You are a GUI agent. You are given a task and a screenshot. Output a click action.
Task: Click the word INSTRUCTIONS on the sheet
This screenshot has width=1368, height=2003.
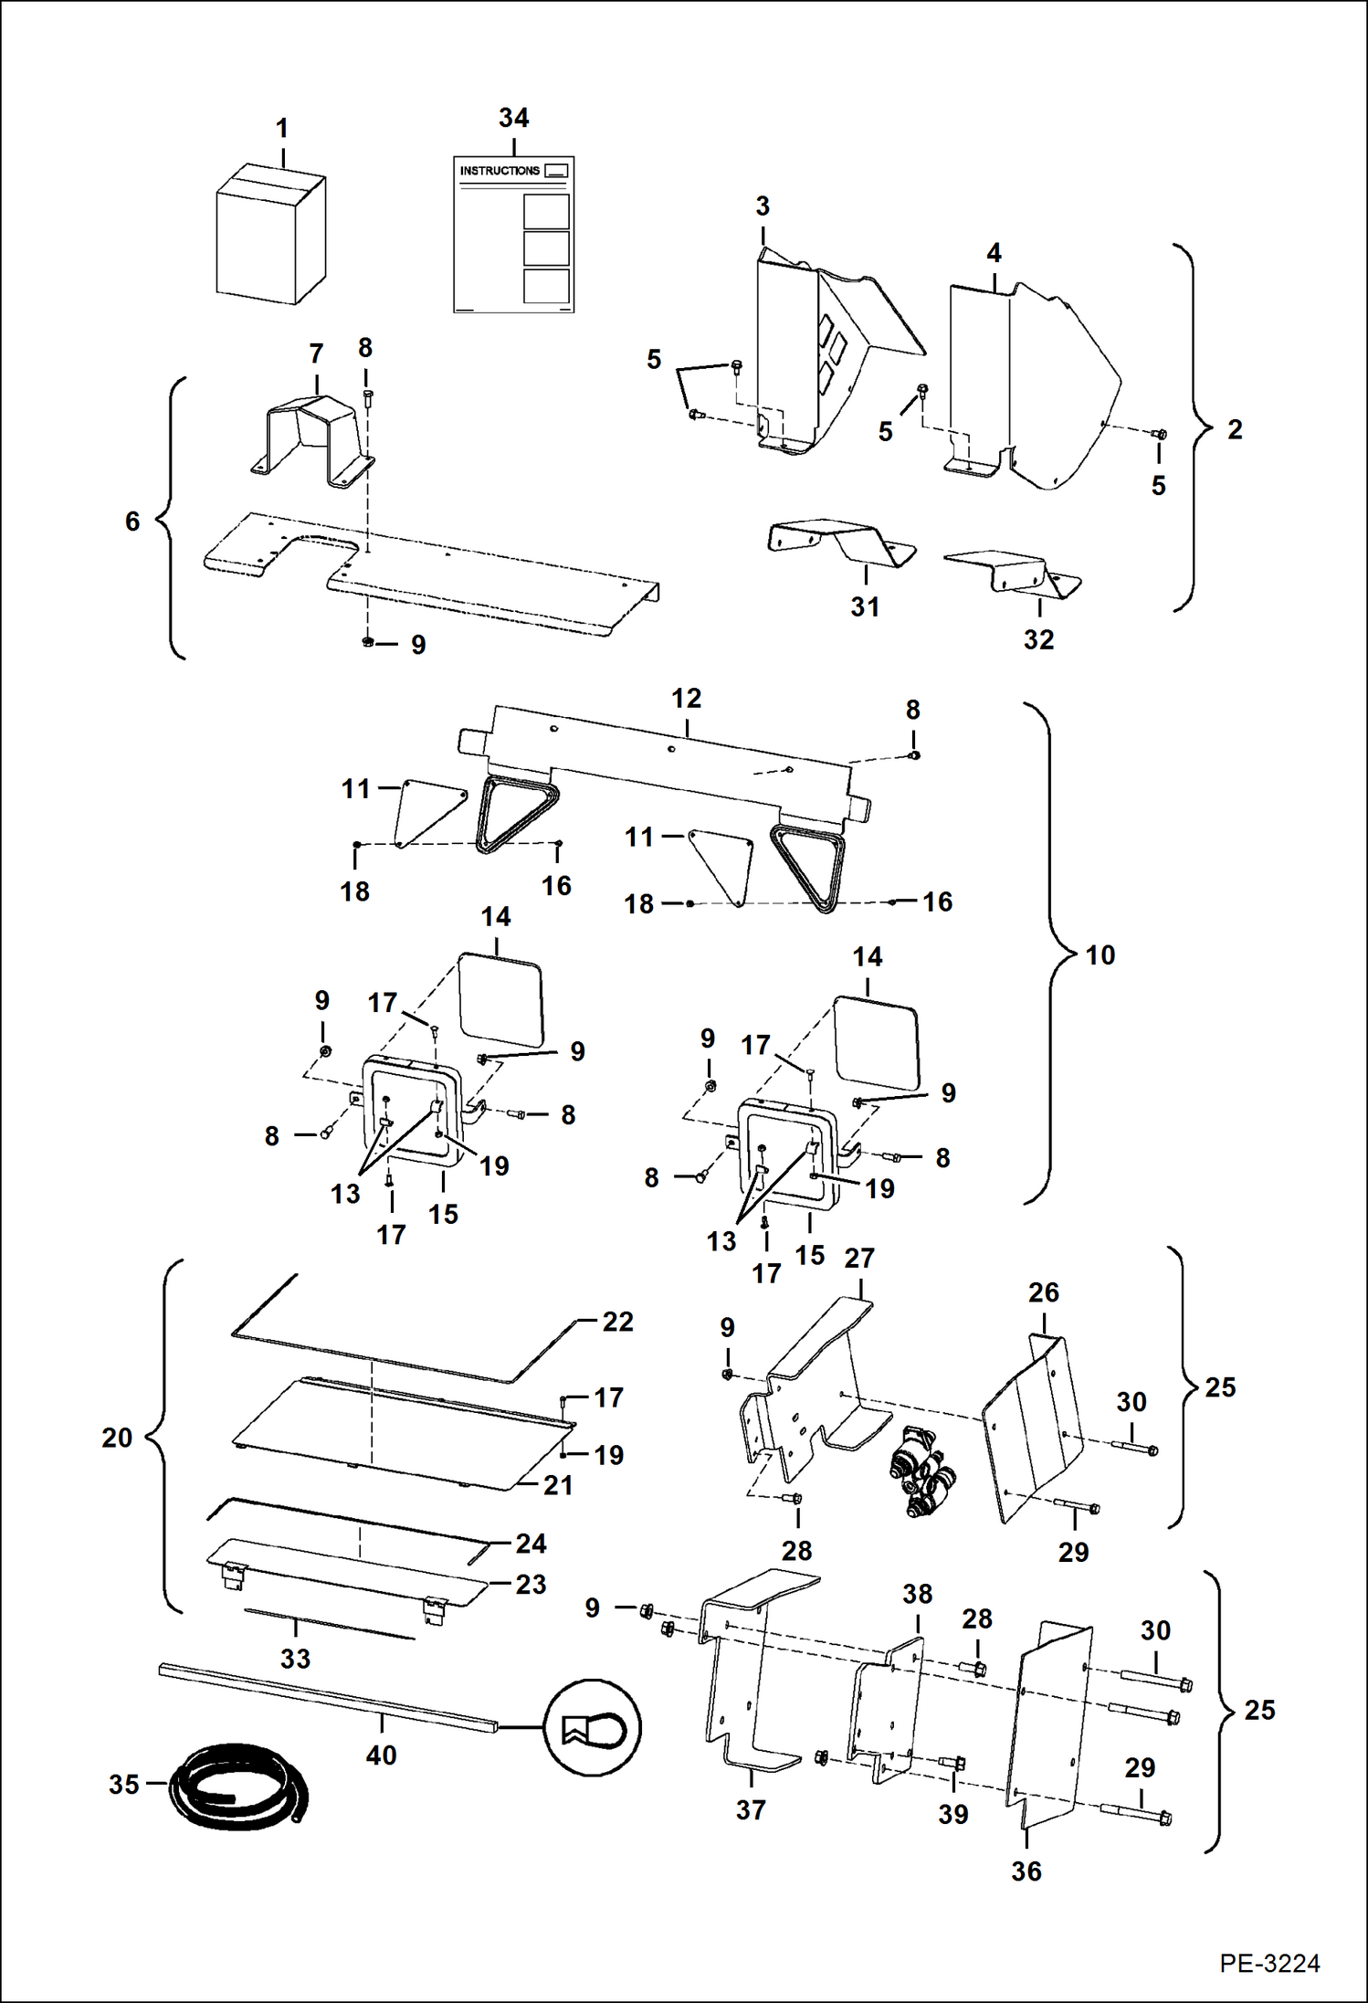pos(499,171)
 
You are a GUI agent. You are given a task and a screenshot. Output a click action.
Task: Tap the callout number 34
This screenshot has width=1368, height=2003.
pos(513,118)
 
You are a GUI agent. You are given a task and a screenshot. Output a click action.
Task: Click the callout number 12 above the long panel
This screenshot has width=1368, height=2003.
pos(686,699)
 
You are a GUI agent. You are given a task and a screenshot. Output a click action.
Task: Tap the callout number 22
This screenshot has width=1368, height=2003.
pos(617,1322)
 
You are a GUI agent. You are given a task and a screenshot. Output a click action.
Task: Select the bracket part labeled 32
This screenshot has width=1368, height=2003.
pos(1014,571)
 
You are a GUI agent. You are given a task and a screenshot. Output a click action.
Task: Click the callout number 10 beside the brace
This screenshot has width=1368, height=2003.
pos(1100,955)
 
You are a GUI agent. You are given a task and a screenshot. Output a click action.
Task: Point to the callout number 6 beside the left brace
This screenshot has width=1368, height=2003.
pos(132,522)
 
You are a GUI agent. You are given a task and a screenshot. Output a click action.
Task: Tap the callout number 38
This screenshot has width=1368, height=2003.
pos(917,1594)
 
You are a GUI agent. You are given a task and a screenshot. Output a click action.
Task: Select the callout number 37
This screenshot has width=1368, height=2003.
pos(751,1809)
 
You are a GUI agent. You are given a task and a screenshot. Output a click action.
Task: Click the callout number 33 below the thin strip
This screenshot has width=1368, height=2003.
pos(295,1658)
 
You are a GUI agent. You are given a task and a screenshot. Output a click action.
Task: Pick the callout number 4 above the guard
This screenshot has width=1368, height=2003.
pos(994,253)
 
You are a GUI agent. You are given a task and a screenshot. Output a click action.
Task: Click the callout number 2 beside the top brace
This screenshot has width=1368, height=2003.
pos(1234,429)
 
